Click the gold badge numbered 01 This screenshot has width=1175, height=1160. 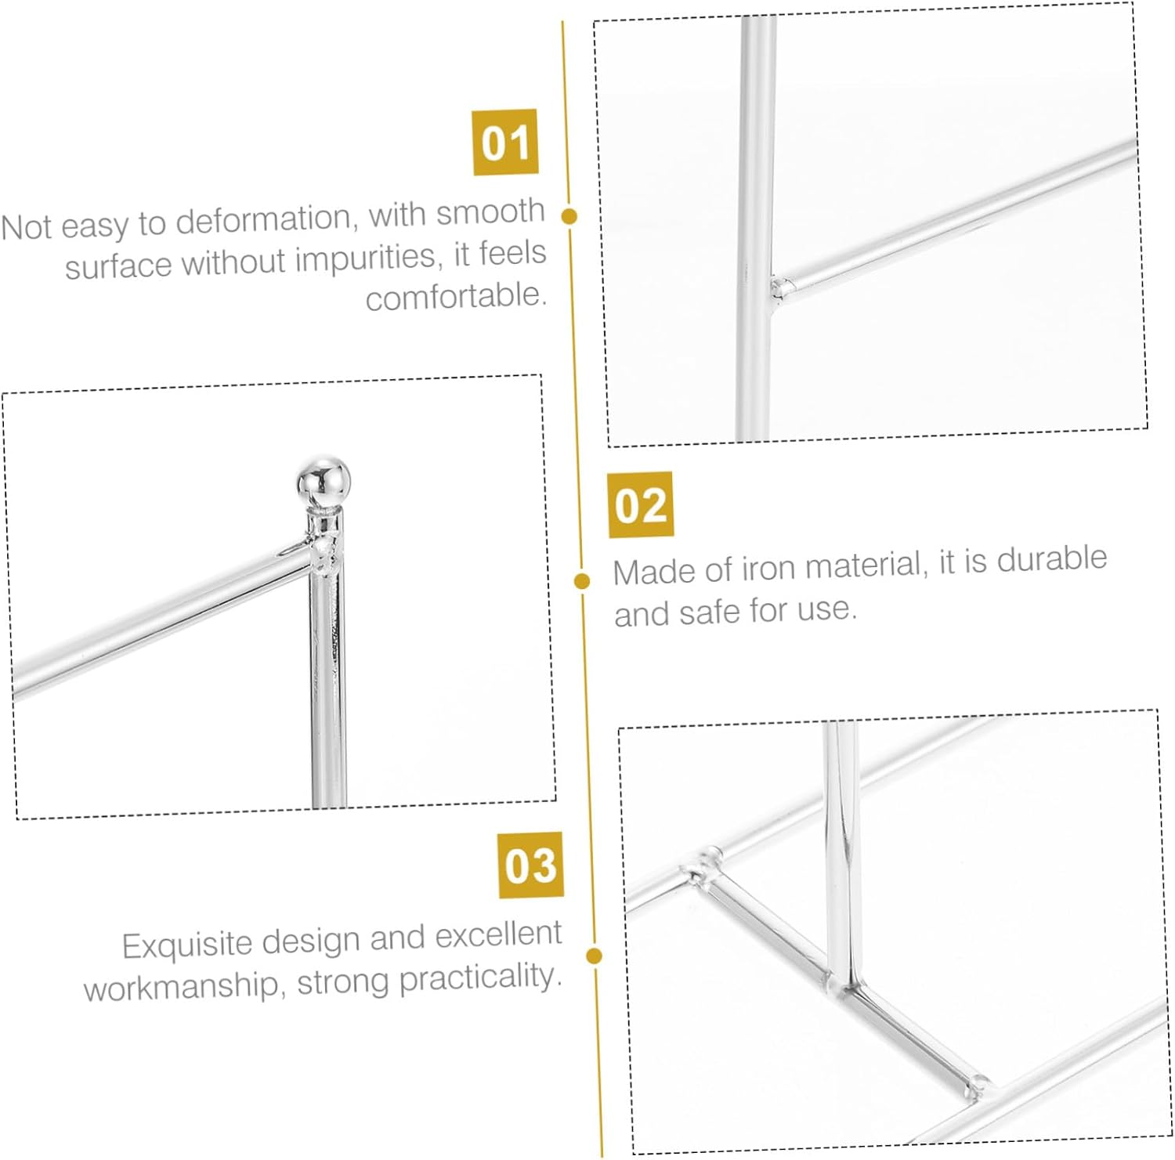(x=505, y=142)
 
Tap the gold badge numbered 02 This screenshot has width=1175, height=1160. (x=641, y=504)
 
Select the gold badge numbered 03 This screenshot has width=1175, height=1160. (x=530, y=865)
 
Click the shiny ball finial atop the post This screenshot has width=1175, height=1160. (x=324, y=482)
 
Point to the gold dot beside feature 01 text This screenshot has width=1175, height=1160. (x=570, y=215)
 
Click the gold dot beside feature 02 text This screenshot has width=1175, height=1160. (x=582, y=580)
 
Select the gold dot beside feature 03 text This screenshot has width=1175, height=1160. (x=594, y=956)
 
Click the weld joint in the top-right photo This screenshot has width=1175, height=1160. (x=779, y=287)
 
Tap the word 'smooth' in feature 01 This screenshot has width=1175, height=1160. (x=490, y=211)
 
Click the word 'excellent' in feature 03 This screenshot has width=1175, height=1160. (x=498, y=934)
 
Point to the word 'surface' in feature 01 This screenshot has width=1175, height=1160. (x=118, y=266)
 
